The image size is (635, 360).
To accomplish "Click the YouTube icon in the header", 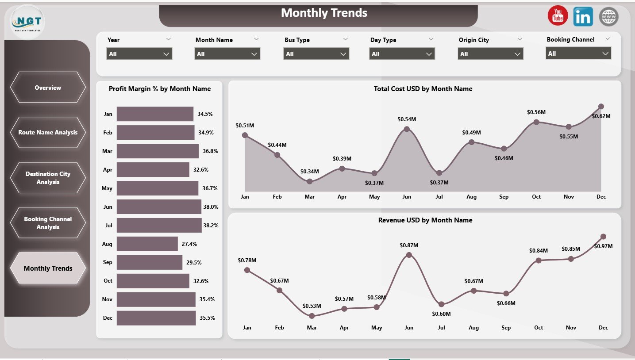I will click(558, 16).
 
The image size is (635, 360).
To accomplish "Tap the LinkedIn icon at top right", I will click(583, 16).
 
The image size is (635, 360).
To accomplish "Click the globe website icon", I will click(608, 16).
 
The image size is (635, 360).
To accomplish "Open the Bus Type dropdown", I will click(316, 54).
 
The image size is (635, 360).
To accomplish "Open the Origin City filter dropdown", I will click(490, 54).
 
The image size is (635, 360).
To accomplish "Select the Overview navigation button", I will click(48, 88).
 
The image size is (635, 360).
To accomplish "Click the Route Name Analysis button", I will click(48, 132).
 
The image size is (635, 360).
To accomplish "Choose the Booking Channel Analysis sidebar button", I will click(48, 223).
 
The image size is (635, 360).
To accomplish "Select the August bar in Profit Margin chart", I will click(147, 244).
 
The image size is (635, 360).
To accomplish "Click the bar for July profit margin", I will click(159, 225).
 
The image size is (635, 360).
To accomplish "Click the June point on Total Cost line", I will click(407, 129).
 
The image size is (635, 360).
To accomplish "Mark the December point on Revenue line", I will click(603, 237).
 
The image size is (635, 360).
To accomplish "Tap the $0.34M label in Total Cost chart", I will click(309, 171).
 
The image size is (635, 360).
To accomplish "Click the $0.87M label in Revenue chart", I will click(409, 245).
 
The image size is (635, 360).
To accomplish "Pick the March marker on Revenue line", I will click(312, 316).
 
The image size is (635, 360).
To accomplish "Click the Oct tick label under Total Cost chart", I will click(536, 197).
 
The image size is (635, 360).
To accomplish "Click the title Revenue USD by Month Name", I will click(425, 220).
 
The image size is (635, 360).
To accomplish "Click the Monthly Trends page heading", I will click(324, 13).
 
